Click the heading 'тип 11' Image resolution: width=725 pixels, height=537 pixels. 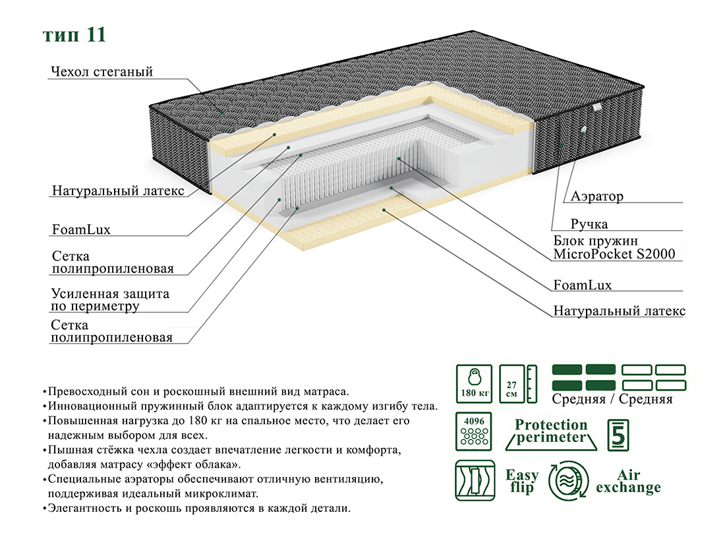coord(74,35)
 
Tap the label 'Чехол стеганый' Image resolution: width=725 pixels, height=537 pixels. coord(101,72)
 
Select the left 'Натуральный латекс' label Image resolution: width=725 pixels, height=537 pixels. coord(118,191)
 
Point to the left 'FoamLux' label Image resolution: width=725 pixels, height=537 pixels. coord(81,230)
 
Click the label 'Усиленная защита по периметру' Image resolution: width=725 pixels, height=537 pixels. coord(110,300)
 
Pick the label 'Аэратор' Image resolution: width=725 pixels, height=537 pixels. coord(597,197)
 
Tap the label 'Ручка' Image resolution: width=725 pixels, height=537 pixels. coord(589,224)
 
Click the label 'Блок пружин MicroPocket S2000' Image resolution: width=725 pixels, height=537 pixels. coord(614,247)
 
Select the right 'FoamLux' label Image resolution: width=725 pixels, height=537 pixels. coord(583,285)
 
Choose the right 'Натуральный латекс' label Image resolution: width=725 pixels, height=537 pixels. coord(620,311)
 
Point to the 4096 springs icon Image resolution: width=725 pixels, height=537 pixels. coord(474,432)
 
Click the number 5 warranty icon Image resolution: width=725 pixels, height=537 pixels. coord(618,434)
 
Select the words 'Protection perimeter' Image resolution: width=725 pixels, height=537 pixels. coord(551,431)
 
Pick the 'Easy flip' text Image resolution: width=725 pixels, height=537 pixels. coord(522,481)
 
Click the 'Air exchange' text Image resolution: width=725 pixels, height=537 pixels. coord(628,481)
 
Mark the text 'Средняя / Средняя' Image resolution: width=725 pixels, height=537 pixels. coord(612,399)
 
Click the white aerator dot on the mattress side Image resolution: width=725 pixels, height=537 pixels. coord(583,129)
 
